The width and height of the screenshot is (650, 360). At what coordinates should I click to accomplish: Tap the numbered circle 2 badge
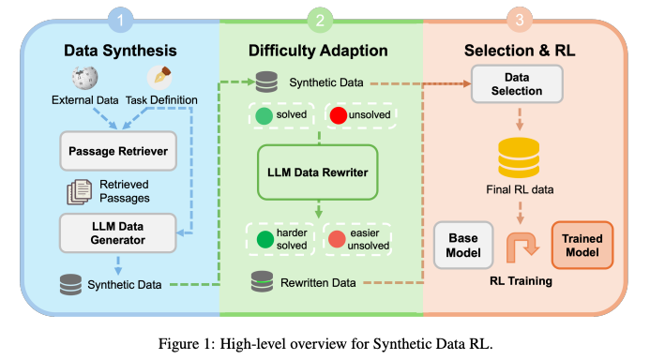(x=320, y=18)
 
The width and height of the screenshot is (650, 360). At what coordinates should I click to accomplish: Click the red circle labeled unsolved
(x=339, y=117)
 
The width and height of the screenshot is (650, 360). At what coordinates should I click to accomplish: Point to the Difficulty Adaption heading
(x=320, y=49)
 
